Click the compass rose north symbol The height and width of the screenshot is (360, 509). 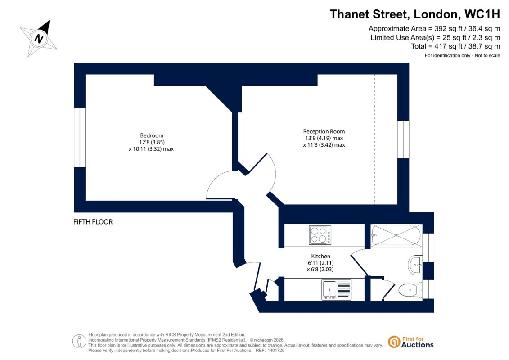point(39,39)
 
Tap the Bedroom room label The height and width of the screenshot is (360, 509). point(152,135)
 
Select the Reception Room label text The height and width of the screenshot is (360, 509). point(324,131)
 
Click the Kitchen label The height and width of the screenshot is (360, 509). point(321,256)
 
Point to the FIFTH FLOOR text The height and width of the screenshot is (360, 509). point(93,222)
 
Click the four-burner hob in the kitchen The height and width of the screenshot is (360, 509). point(320,235)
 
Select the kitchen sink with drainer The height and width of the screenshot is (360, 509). point(336,289)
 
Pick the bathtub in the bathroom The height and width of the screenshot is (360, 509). point(396,235)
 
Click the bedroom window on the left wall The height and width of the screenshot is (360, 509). point(80,138)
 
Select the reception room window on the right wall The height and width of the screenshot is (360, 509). point(403,139)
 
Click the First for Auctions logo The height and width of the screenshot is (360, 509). point(411,342)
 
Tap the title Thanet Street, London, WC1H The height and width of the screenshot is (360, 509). point(415,14)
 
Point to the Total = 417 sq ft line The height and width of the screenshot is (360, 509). point(455,46)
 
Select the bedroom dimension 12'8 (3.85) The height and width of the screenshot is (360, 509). point(152,142)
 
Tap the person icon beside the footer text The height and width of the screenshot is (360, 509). point(79,342)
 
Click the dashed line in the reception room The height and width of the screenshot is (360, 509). point(374,139)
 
